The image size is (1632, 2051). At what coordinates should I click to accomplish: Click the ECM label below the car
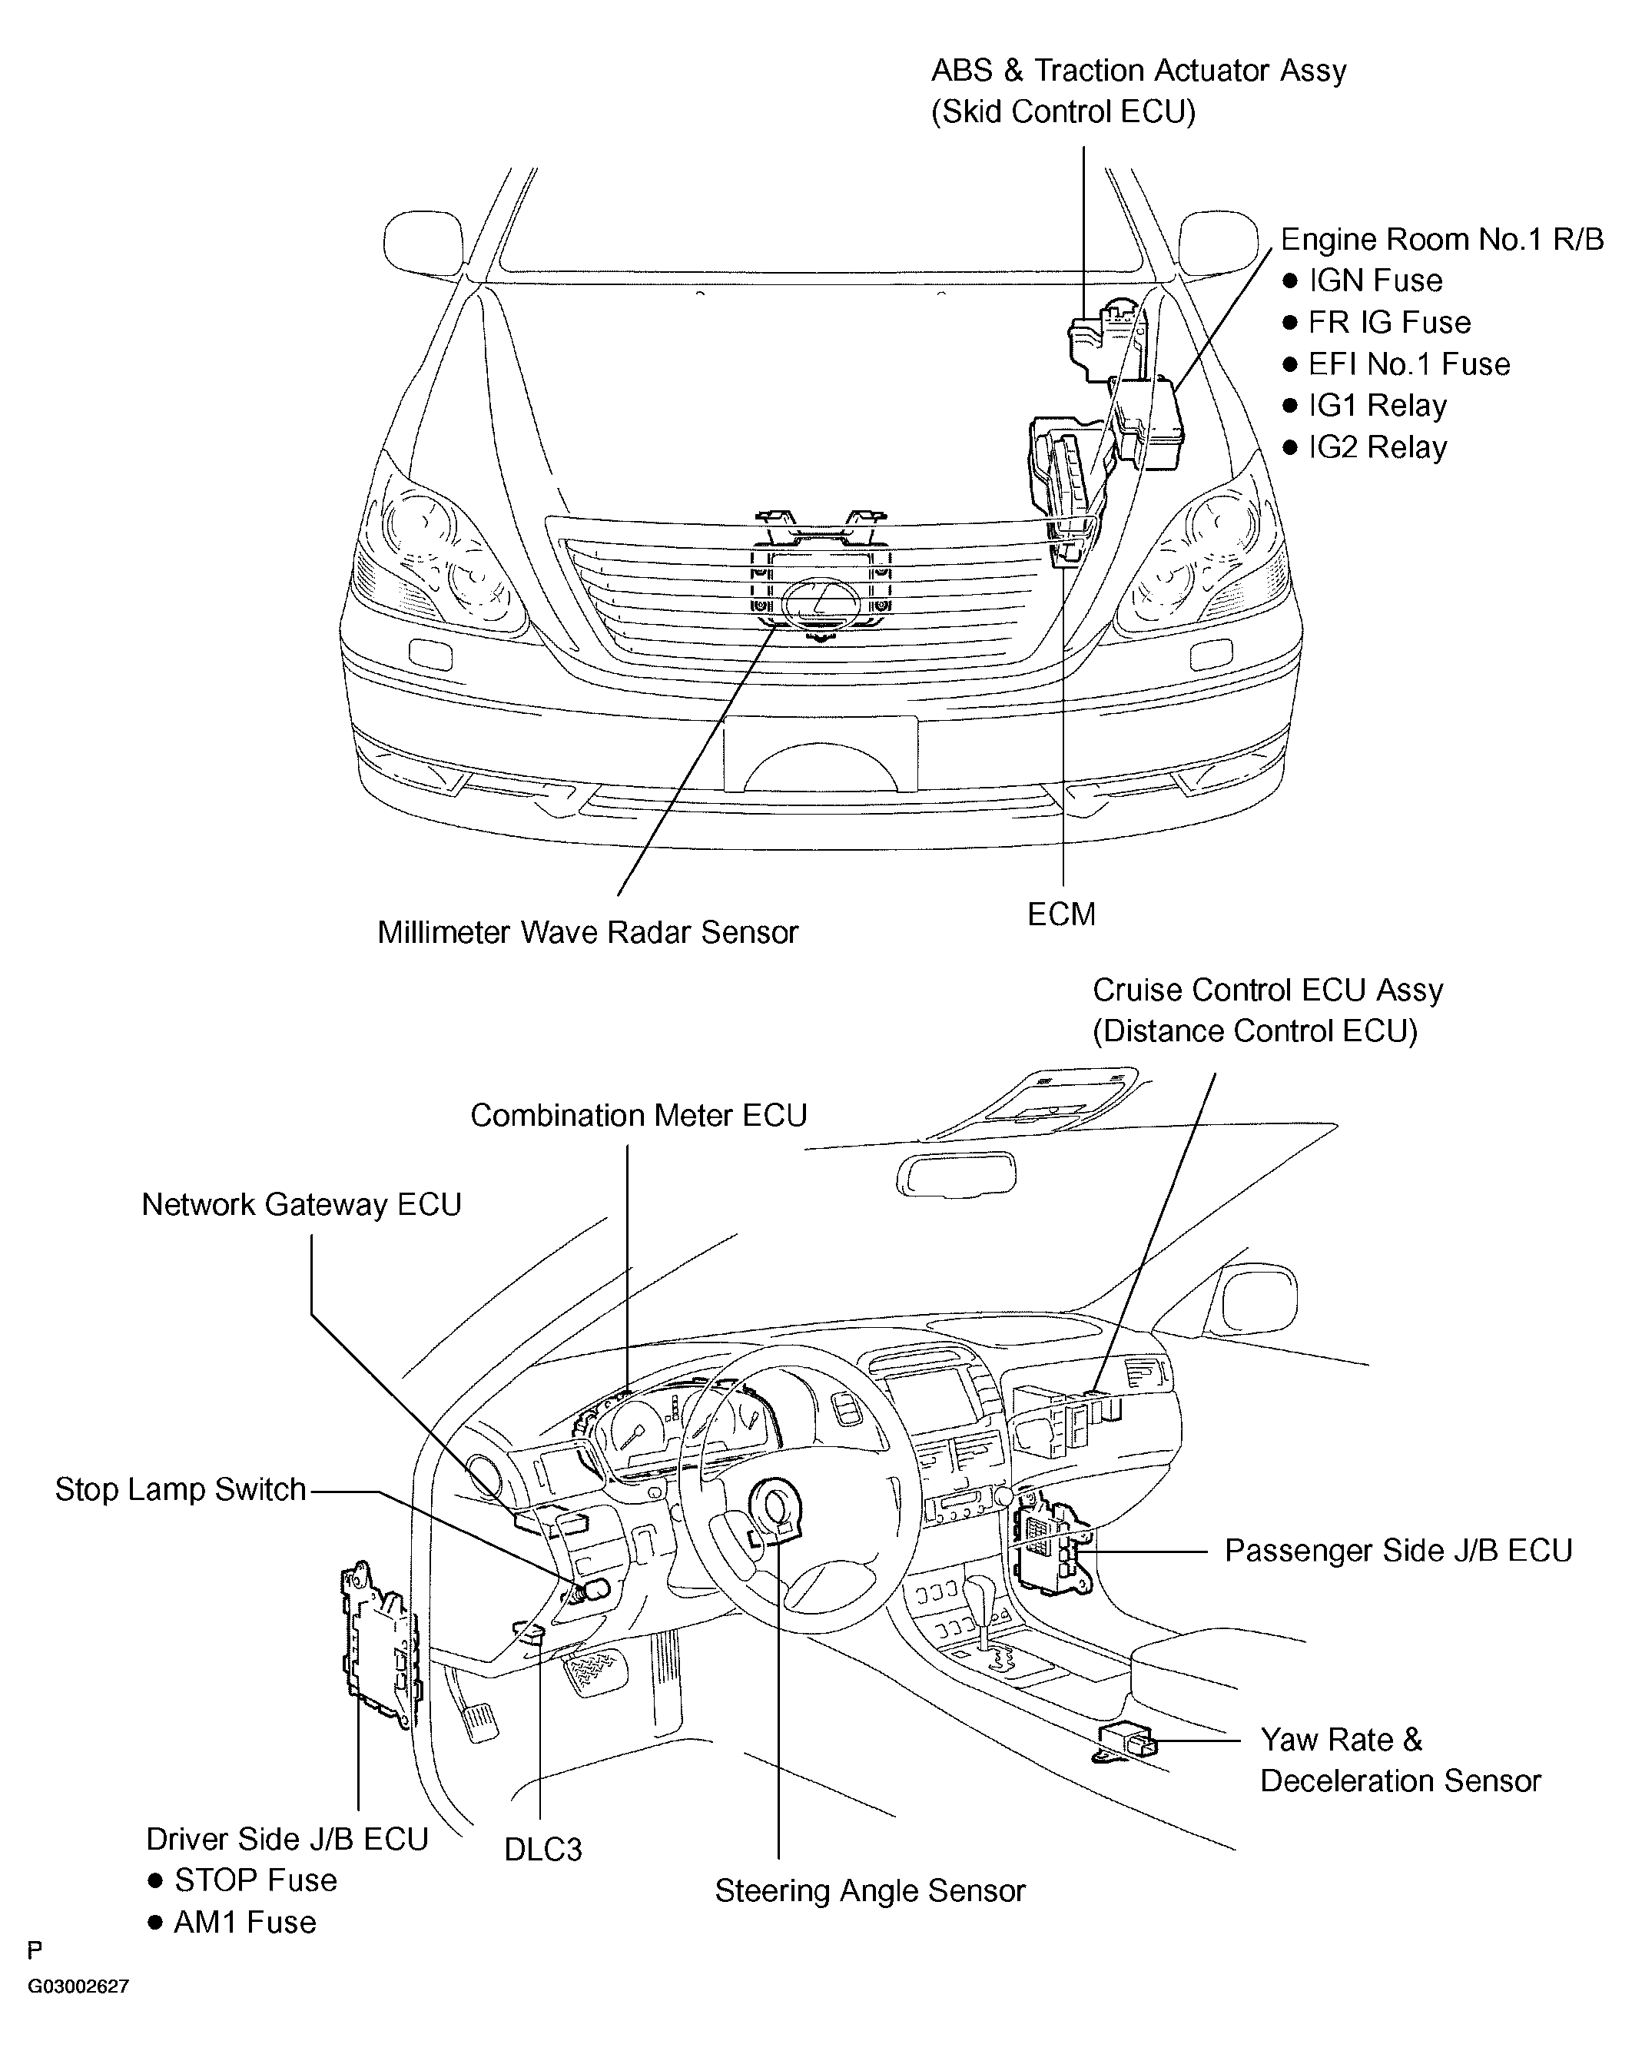[1061, 914]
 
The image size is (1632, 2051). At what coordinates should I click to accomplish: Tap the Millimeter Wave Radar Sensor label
[587, 932]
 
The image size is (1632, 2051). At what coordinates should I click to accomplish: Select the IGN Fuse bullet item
[1375, 280]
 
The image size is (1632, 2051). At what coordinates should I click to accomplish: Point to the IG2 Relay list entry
[1376, 447]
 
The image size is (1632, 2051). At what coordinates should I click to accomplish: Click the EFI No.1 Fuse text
[1408, 364]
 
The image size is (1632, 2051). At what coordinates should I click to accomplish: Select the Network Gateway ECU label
[301, 1204]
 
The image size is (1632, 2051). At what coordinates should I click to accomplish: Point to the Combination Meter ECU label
[639, 1115]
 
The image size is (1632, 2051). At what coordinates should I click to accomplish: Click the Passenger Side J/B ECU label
[1397, 1550]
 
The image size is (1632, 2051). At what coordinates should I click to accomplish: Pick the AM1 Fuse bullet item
[244, 1922]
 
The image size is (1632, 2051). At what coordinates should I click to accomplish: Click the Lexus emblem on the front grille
[820, 601]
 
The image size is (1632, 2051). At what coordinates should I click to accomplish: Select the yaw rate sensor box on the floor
[1126, 1738]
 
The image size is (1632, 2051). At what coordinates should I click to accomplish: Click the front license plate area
[820, 753]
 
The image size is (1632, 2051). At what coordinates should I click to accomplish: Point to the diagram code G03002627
[78, 1986]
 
